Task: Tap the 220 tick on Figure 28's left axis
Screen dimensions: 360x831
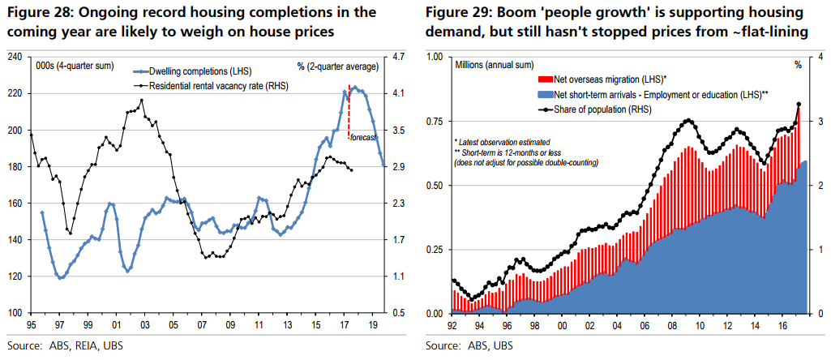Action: [14, 94]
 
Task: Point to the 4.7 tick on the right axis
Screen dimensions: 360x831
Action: [397, 58]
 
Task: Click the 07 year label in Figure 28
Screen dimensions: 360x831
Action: [201, 324]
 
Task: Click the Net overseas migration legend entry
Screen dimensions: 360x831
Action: [604, 79]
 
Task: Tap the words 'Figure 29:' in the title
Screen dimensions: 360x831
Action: [456, 15]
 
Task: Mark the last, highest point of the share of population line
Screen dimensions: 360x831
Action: [799, 104]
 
